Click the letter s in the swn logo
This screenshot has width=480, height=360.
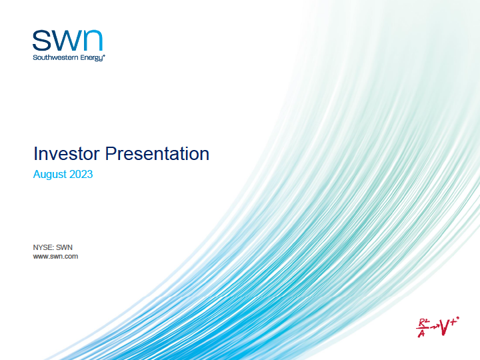[41, 40]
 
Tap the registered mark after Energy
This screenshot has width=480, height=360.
[104, 56]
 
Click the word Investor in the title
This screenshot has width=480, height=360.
[67, 154]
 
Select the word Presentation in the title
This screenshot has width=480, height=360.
[157, 154]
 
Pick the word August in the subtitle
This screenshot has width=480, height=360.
[50, 175]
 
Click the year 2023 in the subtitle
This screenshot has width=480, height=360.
[81, 174]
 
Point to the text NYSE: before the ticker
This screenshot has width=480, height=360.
[43, 247]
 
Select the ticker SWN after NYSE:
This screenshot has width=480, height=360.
[64, 247]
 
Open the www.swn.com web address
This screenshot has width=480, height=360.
[55, 256]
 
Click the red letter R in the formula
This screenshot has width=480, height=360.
[422, 323]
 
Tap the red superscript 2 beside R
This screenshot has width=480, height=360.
[427, 321]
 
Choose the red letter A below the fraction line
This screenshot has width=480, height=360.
[421, 333]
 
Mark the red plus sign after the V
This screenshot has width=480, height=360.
[453, 323]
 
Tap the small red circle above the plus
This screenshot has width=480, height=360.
[457, 319]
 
